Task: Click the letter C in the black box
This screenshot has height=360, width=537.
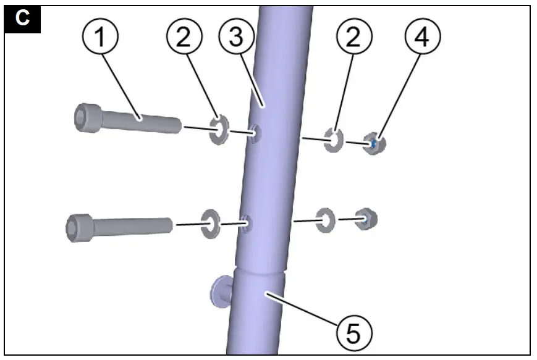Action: coord(23,18)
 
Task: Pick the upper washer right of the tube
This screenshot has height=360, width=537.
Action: coord(334,140)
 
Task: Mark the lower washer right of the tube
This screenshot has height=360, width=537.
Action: coord(325,220)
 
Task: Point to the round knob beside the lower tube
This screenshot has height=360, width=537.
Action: coord(220,290)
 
